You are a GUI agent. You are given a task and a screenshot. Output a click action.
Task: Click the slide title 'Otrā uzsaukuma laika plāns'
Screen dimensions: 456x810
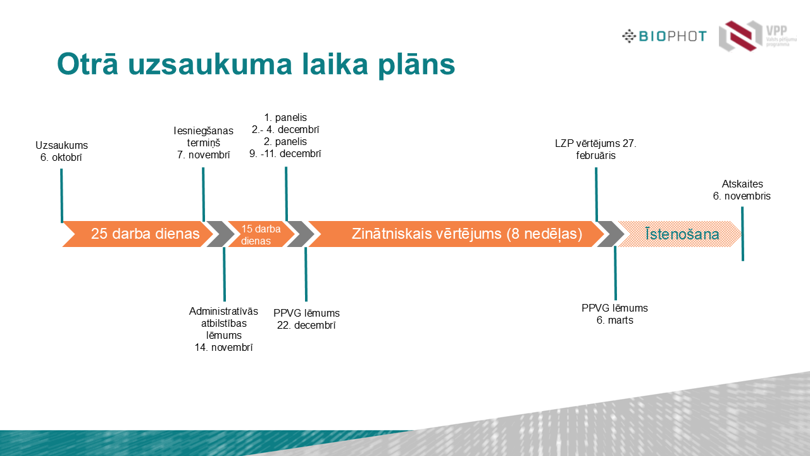pyautogui.click(x=256, y=65)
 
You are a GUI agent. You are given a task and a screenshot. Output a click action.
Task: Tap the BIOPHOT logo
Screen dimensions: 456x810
pyautogui.click(x=664, y=36)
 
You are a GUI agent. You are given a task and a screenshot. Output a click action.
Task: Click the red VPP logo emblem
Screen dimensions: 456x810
pyautogui.click(x=740, y=35)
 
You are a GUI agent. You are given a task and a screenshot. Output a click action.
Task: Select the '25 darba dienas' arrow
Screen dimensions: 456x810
pyautogui.click(x=139, y=234)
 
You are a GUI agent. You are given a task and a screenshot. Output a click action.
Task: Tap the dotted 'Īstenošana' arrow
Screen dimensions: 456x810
pyautogui.click(x=680, y=234)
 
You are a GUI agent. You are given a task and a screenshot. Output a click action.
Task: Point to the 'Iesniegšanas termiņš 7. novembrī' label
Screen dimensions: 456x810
pyautogui.click(x=203, y=142)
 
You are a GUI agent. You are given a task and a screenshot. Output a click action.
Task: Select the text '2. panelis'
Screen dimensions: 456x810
pyautogui.click(x=285, y=141)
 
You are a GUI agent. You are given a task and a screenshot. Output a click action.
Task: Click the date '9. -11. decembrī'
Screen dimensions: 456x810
pyautogui.click(x=285, y=153)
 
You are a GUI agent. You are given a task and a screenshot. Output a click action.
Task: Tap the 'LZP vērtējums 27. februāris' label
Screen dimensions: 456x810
pyautogui.click(x=595, y=149)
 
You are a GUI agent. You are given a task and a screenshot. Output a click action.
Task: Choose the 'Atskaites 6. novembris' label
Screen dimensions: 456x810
pyautogui.click(x=742, y=190)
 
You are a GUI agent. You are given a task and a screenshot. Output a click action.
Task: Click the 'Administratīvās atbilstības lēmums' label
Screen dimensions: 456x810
pyautogui.click(x=223, y=323)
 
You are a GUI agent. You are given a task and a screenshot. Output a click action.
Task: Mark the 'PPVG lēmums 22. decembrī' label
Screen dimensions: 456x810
pyautogui.click(x=306, y=319)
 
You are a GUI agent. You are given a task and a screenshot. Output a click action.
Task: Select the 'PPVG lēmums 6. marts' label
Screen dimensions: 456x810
pyautogui.click(x=614, y=314)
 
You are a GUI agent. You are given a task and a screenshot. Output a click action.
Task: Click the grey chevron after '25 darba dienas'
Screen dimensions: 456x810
pyautogui.click(x=220, y=234)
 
